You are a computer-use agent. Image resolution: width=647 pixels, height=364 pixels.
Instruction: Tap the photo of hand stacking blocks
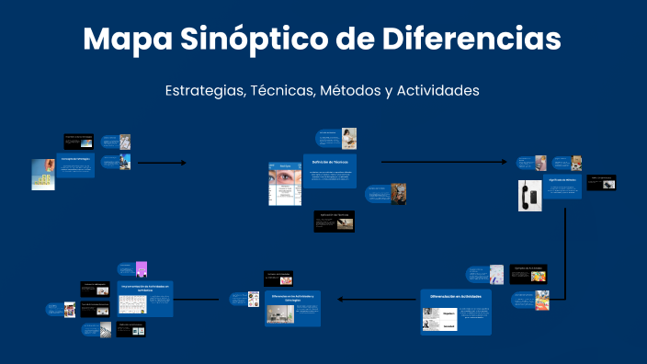tap(42, 174)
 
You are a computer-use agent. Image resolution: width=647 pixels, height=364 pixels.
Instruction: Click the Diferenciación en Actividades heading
tap(456, 297)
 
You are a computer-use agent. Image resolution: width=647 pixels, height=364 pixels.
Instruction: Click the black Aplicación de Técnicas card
tap(334, 221)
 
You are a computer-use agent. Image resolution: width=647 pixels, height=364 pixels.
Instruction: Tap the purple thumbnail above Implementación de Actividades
tap(142, 268)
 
